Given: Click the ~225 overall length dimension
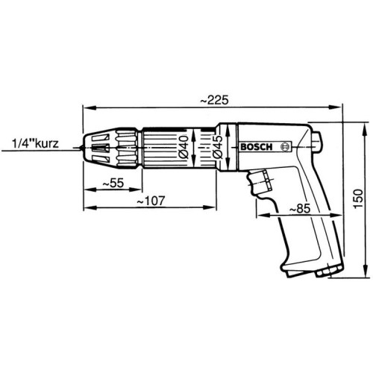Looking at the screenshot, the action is point(214,100).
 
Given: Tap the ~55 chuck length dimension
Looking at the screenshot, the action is point(113,184).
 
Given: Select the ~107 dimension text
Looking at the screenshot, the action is point(151,201).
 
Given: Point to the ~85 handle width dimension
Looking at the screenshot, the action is point(300,209).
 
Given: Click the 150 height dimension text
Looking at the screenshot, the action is point(358,199).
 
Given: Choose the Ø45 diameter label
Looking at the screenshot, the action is point(218,147).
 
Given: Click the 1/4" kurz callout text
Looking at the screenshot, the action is point(36,143).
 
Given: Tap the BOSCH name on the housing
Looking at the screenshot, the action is point(257,147).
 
